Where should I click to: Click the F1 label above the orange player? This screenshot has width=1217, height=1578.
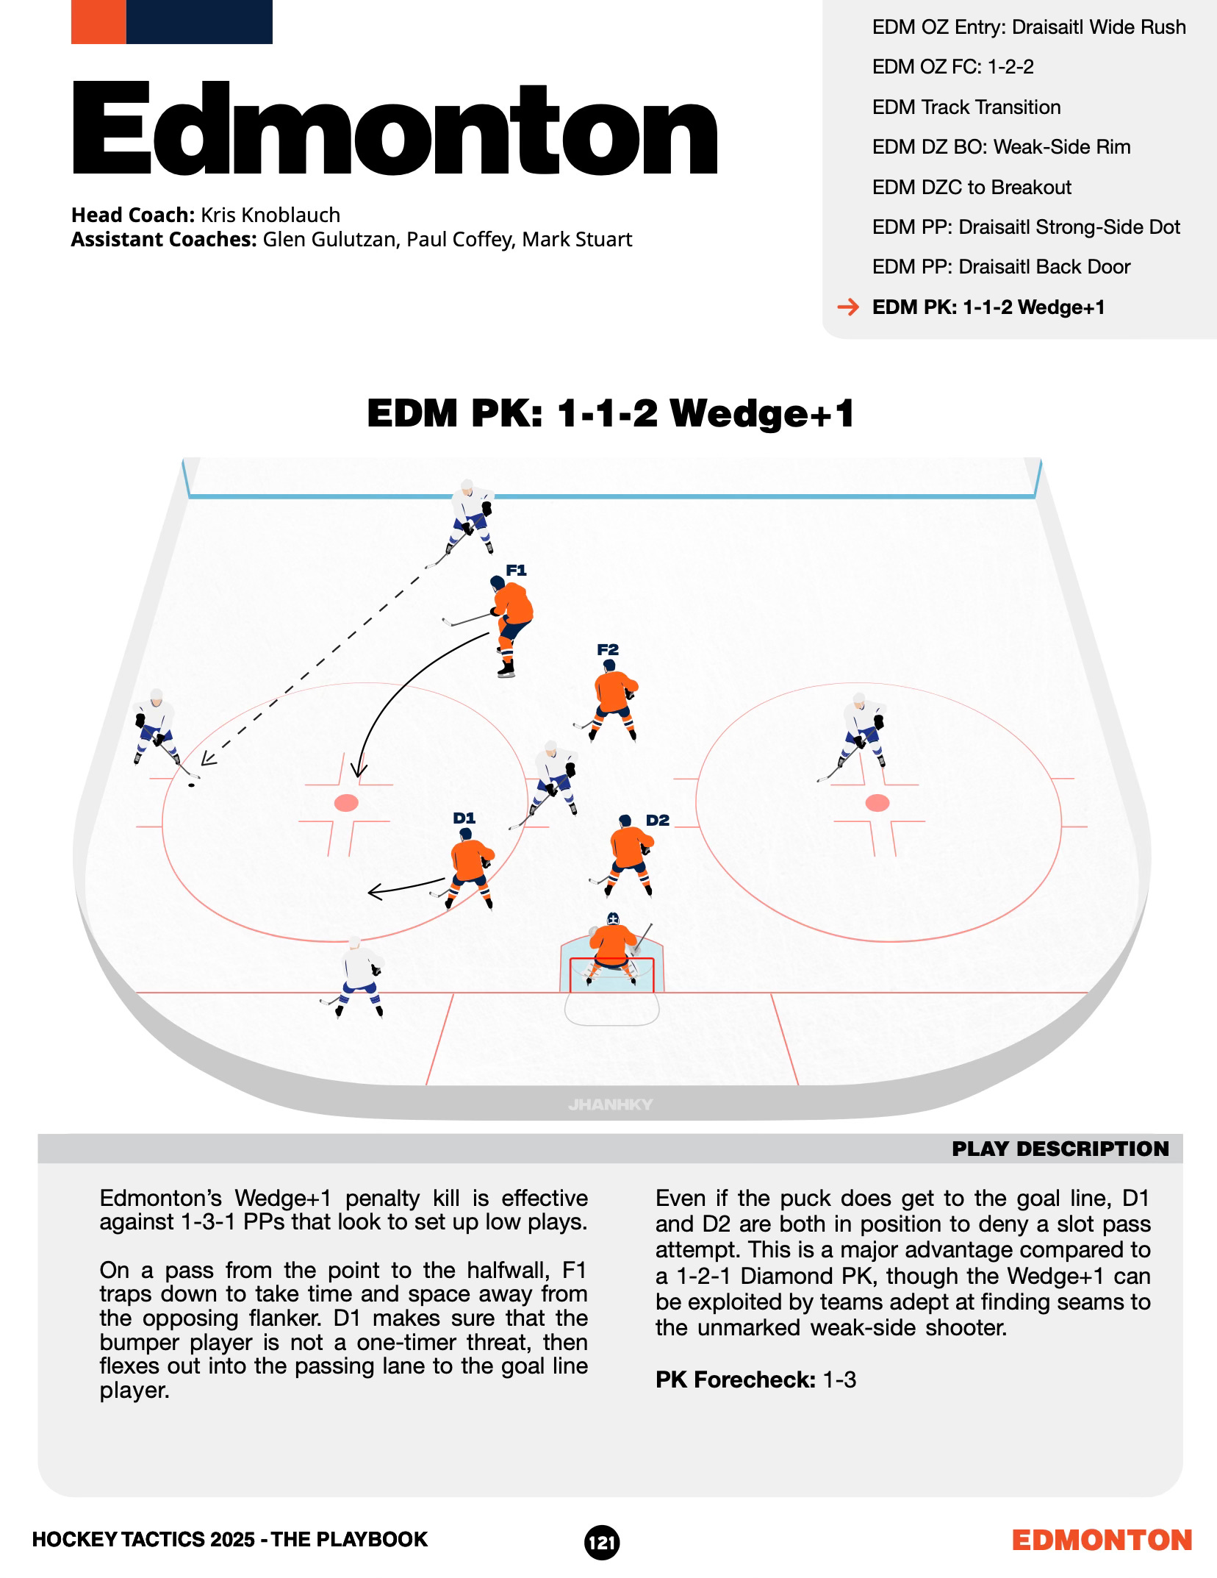click(516, 570)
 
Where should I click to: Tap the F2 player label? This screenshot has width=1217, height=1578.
click(608, 649)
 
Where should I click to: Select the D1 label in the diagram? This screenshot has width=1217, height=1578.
click(464, 818)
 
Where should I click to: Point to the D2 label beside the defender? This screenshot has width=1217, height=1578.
click(658, 820)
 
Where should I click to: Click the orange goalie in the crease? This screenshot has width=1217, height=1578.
click(610, 949)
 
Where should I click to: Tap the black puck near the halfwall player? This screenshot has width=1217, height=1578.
click(191, 785)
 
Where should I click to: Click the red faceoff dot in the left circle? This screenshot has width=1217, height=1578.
click(345, 802)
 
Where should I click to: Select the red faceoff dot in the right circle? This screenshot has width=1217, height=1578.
click(877, 802)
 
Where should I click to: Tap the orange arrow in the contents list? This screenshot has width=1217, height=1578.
click(848, 307)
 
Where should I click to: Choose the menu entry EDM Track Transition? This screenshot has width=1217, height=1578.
click(966, 107)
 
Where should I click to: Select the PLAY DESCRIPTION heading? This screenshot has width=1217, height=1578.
click(1060, 1149)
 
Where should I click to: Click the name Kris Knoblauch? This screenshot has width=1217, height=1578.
click(270, 215)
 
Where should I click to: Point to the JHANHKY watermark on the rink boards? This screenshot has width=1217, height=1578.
click(610, 1104)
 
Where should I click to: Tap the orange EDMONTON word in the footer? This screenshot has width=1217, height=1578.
click(1102, 1540)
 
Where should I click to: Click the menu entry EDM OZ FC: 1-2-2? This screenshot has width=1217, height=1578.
click(952, 67)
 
